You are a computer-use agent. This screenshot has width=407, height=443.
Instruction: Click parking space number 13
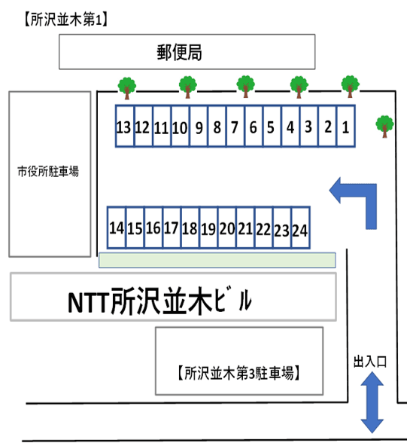(x=125, y=127)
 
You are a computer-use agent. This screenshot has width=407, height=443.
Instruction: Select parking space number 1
(x=345, y=127)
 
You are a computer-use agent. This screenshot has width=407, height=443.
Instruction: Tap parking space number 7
(x=235, y=127)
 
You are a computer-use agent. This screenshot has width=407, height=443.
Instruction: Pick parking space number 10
(x=180, y=127)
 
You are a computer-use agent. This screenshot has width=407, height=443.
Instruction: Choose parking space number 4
(x=290, y=127)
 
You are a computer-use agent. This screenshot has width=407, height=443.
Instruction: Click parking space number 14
(x=117, y=228)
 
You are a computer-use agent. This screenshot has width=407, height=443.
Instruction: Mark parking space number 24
(x=300, y=228)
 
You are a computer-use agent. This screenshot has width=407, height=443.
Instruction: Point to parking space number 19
(x=208, y=228)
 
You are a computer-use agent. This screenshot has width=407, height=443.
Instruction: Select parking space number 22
(x=263, y=228)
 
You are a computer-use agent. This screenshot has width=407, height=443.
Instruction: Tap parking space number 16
(x=153, y=228)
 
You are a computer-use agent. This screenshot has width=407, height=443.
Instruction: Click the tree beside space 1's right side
(x=384, y=125)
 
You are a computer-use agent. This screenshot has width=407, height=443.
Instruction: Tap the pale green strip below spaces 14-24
(x=217, y=260)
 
